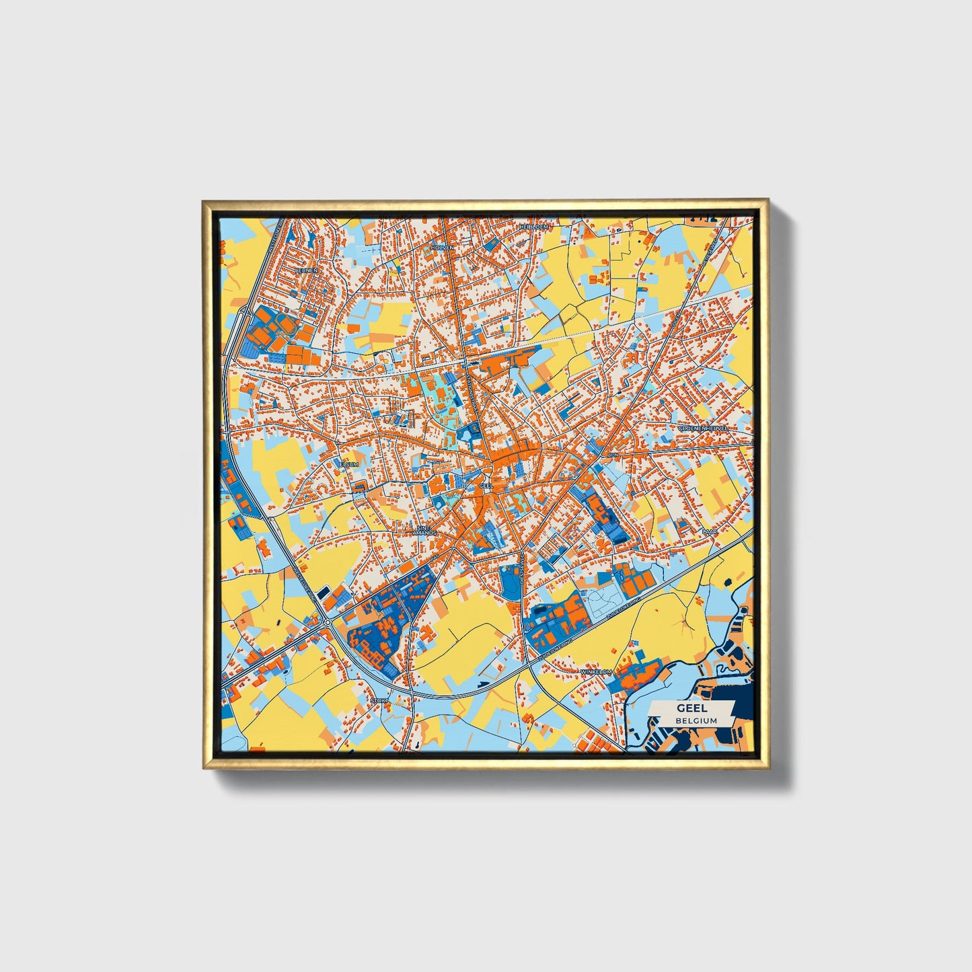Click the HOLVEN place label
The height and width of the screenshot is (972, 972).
click(x=443, y=247)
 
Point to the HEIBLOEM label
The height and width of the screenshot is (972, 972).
click(x=534, y=227)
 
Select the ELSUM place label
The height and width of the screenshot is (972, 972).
click(x=348, y=464)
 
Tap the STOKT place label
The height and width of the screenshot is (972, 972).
click(x=379, y=701)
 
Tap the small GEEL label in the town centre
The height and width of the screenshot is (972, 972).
click(x=486, y=484)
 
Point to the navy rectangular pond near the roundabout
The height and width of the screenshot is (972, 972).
click(x=324, y=592)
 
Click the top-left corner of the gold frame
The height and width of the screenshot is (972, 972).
click(x=204, y=201)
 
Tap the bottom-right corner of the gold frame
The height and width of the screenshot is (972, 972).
click(x=768, y=767)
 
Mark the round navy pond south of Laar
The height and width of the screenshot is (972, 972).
click(x=727, y=582)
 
